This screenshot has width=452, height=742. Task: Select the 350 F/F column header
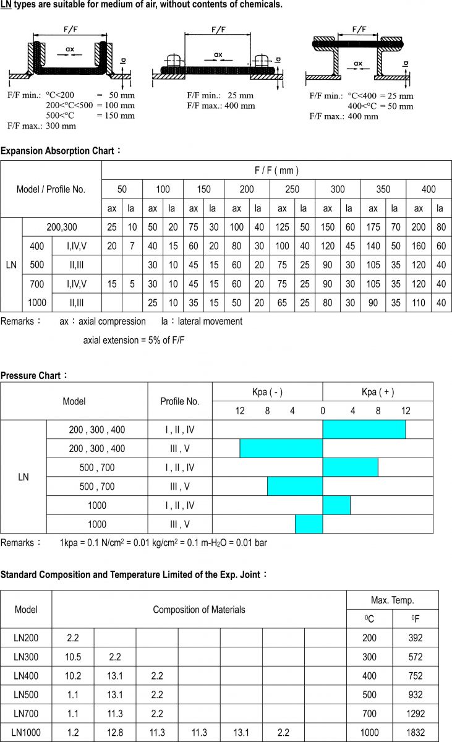point(383,189)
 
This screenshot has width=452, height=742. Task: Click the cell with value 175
point(373,227)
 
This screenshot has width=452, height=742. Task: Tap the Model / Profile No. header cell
point(51,189)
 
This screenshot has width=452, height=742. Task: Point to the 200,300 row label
point(62,227)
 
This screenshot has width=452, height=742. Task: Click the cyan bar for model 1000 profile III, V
point(309,524)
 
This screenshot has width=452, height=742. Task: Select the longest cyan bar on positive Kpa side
point(364,429)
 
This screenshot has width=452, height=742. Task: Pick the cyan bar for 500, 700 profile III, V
point(295,487)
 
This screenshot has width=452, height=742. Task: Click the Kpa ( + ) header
point(378,392)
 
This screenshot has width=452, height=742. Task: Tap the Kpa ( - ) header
point(267,392)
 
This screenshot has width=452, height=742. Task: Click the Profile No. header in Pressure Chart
point(180,401)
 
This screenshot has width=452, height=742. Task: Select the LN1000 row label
point(26,733)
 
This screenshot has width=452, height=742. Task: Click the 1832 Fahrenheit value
point(416,733)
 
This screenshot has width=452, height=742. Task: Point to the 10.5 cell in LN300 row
point(73,657)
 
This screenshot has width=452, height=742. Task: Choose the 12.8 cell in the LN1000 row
point(115,733)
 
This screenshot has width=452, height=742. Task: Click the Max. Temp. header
point(392,600)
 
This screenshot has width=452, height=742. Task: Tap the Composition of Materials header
point(199,610)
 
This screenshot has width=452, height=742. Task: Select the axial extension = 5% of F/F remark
point(134,340)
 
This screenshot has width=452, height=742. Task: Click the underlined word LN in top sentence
point(6,5)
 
